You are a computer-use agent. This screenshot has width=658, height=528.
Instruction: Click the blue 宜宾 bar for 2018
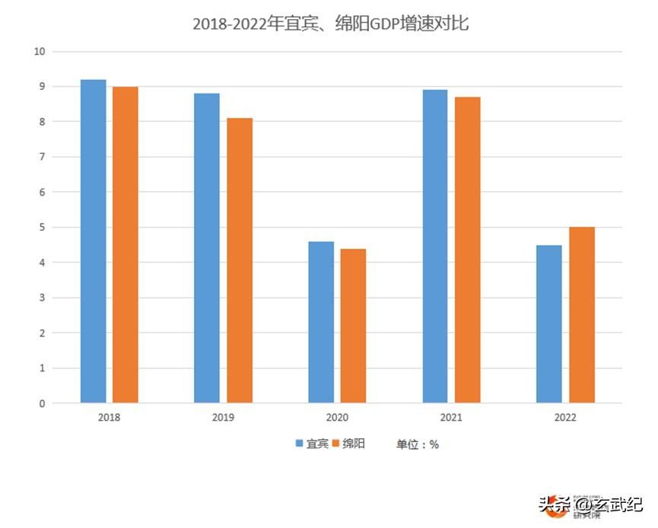pyautogui.click(x=93, y=241)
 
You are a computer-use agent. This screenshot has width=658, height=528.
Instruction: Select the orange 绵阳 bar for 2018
pyautogui.click(x=126, y=245)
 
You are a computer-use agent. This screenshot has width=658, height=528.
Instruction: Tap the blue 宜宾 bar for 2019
pyautogui.click(x=207, y=248)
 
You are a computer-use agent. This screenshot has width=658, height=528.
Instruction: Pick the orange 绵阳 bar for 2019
pyautogui.click(x=240, y=260)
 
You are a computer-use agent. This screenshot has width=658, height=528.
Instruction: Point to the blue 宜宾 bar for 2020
pyautogui.click(x=321, y=322)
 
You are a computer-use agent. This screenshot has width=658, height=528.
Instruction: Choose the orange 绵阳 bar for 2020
pyautogui.click(x=353, y=326)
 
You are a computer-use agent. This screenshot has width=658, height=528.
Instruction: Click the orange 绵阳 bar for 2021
pyautogui.click(x=468, y=250)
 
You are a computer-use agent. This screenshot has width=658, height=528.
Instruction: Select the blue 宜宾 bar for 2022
pyautogui.click(x=548, y=324)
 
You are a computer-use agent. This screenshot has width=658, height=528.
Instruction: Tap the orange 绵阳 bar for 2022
pyautogui.click(x=582, y=315)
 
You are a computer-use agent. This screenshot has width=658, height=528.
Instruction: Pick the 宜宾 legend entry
pyautogui.click(x=312, y=444)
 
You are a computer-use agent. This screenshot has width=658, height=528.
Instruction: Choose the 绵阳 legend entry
pyautogui.click(x=348, y=444)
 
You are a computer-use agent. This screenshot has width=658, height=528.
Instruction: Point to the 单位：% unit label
pyautogui.click(x=417, y=444)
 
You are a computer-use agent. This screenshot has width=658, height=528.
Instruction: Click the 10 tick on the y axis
pyautogui.click(x=40, y=52)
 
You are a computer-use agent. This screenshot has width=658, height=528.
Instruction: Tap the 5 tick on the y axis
pyautogui.click(x=43, y=227)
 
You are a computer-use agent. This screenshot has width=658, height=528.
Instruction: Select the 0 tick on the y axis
pyautogui.click(x=43, y=403)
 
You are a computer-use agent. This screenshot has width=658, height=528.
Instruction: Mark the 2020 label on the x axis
pyautogui.click(x=337, y=418)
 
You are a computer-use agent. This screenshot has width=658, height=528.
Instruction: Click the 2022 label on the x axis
pyautogui.click(x=565, y=418)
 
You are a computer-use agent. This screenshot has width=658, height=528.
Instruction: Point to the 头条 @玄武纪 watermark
pyautogui.click(x=590, y=504)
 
